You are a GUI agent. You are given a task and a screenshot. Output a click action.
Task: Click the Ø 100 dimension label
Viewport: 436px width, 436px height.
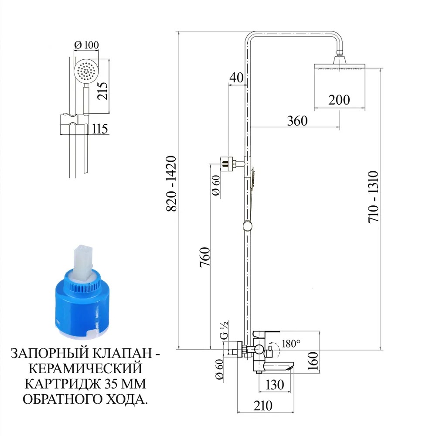coord(86,45)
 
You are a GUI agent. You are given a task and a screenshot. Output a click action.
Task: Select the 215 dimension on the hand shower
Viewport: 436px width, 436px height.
coord(102,91)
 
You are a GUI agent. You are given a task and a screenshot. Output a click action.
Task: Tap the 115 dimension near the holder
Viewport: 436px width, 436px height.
coord(100,129)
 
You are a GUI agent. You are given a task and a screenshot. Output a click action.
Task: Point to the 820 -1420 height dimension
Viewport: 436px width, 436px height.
coord(171,184)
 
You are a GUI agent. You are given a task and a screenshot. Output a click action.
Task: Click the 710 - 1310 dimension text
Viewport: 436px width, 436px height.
coord(374,197)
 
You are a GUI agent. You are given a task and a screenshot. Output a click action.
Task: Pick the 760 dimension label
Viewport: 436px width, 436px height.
coord(205,257)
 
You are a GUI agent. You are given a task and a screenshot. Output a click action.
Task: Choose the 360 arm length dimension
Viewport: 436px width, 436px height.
coord(297,121)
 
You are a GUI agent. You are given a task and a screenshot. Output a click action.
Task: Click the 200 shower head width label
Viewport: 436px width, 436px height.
coord(339,100)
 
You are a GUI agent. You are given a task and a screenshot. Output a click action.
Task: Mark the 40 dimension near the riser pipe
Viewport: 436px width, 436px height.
coord(236,78)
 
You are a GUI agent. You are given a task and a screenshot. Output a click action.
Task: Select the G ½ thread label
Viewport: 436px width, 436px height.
coord(224,330)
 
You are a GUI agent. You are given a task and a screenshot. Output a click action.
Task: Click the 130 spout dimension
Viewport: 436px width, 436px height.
coord(275,385)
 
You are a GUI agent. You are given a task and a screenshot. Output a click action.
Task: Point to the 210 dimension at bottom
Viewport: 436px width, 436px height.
coord(263,405)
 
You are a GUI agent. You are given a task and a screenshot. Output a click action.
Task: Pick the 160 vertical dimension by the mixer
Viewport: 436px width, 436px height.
coord(313,361)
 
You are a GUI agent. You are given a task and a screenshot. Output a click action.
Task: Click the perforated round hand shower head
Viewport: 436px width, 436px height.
coord(85,72)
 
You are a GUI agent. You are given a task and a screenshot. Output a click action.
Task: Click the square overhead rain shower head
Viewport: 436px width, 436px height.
coord(340,66)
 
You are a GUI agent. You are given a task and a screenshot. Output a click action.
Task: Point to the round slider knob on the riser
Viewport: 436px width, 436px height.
coord(247,225)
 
